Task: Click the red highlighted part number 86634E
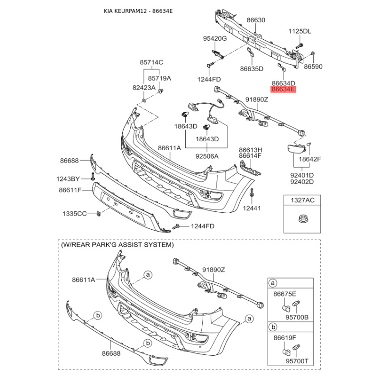tap(283, 89)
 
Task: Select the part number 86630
tap(256, 20)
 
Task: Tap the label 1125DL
tap(300, 31)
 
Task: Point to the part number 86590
tap(313, 67)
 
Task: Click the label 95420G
tap(215, 38)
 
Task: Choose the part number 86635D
tap(252, 69)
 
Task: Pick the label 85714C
tap(151, 62)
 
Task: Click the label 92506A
tap(207, 156)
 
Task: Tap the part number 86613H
tap(250, 149)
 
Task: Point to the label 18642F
tap(310, 159)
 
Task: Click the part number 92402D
tap(302, 181)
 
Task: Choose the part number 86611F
tap(71, 190)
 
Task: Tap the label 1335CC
tap(74, 214)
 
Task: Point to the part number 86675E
tap(285, 294)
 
